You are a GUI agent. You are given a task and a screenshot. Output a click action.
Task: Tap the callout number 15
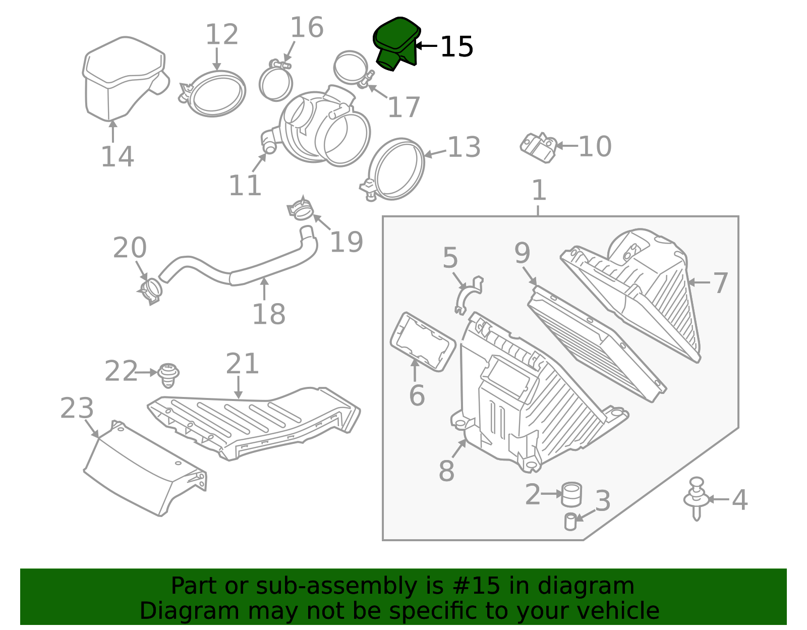point(457,47)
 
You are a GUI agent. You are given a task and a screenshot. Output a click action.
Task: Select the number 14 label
point(118,157)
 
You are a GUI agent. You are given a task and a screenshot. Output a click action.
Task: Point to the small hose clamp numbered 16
point(275,80)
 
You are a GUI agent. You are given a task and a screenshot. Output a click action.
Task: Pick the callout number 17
point(403,107)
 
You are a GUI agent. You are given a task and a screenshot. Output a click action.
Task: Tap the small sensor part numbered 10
point(539,148)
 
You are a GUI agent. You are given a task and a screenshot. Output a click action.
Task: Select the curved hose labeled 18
point(238,258)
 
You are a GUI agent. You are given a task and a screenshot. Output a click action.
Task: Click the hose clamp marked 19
point(300,209)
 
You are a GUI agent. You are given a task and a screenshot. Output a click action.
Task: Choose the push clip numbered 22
point(168,375)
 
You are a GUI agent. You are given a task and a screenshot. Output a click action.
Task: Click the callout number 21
point(242,364)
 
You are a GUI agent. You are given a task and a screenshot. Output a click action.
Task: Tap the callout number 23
point(77,408)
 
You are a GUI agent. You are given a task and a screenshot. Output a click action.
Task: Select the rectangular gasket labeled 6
point(423,342)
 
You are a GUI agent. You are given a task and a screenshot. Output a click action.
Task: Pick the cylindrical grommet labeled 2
point(571,494)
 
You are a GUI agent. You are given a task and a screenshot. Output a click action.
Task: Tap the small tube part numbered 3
point(570,522)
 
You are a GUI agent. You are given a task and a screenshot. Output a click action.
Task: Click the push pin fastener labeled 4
point(697,499)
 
